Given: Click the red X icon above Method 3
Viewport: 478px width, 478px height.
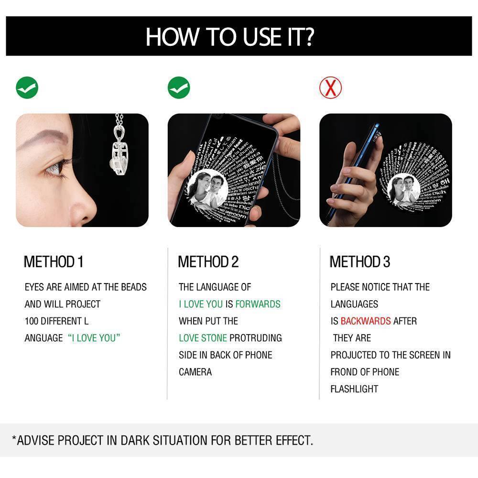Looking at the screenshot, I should tap(331, 87).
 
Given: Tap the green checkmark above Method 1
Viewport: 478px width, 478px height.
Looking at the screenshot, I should tap(27, 87).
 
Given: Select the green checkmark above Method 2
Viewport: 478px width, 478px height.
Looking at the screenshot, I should tap(179, 87).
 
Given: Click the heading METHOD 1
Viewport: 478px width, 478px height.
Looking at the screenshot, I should tap(54, 262).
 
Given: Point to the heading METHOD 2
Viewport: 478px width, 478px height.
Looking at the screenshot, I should tap(208, 262).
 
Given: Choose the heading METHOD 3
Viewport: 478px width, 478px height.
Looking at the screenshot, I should tap(360, 262).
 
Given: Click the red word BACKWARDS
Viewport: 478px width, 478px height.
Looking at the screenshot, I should tap(366, 321).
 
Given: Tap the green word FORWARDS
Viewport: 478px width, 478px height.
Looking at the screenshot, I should tap(258, 304).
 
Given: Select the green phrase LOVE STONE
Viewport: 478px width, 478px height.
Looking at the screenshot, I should tap(203, 338).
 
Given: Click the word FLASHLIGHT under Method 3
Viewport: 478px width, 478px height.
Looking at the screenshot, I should tap(354, 389).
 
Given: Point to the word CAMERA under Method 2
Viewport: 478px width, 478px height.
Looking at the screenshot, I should tap(195, 372).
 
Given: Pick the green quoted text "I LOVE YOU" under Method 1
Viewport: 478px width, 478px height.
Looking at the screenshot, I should tap(94, 338).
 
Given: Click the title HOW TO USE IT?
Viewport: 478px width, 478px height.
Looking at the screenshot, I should tap(229, 37).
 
